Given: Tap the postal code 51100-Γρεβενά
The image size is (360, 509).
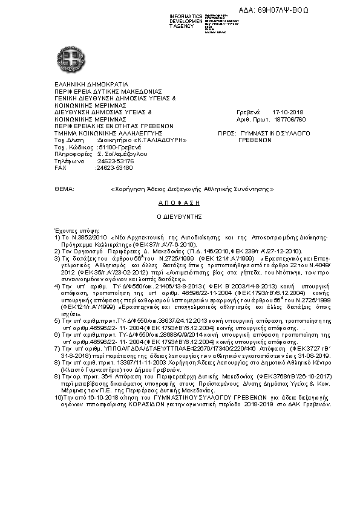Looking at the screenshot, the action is pyautogui.click(x=119, y=148).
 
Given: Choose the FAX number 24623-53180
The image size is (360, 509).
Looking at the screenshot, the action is pyautogui.click(x=114, y=167).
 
